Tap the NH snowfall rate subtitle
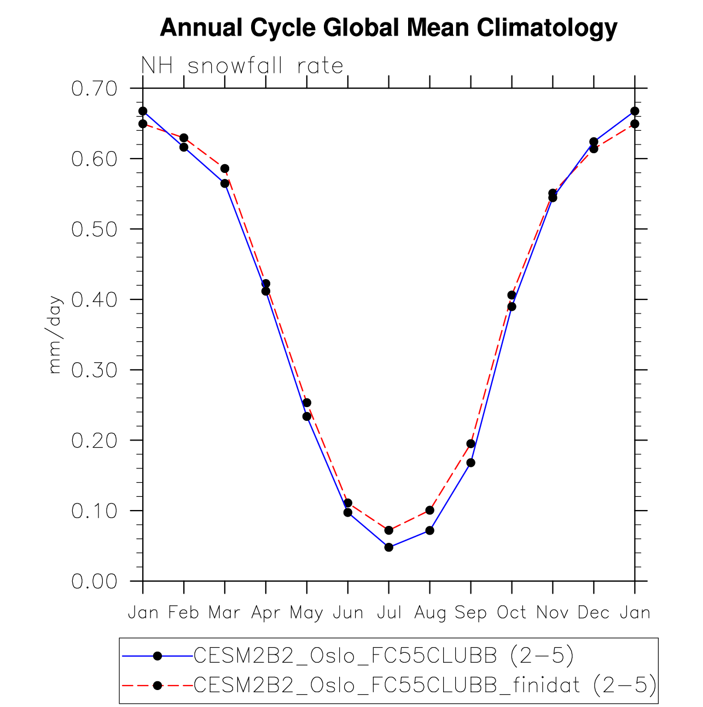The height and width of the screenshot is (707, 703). pyautogui.click(x=242, y=66)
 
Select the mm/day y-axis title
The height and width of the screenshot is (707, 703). pyautogui.click(x=55, y=334)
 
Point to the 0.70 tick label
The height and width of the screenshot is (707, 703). pyautogui.click(x=95, y=88)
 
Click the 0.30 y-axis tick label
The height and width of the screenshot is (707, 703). pyautogui.click(x=95, y=370)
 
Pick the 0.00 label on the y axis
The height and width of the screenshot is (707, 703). pyautogui.click(x=95, y=581)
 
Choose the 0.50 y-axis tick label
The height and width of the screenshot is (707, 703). pyautogui.click(x=95, y=229)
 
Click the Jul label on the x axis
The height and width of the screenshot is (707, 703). pyautogui.click(x=389, y=612)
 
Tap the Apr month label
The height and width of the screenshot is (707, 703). pyautogui.click(x=266, y=612)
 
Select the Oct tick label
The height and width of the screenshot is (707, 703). pyautogui.click(x=512, y=612)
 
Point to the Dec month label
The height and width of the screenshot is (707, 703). pyautogui.click(x=594, y=612)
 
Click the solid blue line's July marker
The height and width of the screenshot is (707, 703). pyautogui.click(x=389, y=547)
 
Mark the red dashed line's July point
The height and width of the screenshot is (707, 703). pyautogui.click(x=389, y=530)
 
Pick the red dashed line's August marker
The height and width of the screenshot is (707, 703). pyautogui.click(x=430, y=510)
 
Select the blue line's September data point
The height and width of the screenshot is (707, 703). pyautogui.click(x=470, y=462)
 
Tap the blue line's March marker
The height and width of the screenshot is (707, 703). pyautogui.click(x=225, y=183)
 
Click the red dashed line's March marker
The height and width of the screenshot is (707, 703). pyautogui.click(x=225, y=169)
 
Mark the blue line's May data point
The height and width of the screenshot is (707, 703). pyautogui.click(x=307, y=416)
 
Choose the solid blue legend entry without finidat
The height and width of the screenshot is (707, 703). pyautogui.click(x=383, y=656)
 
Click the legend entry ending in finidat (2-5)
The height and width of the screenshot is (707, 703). pyautogui.click(x=425, y=685)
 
